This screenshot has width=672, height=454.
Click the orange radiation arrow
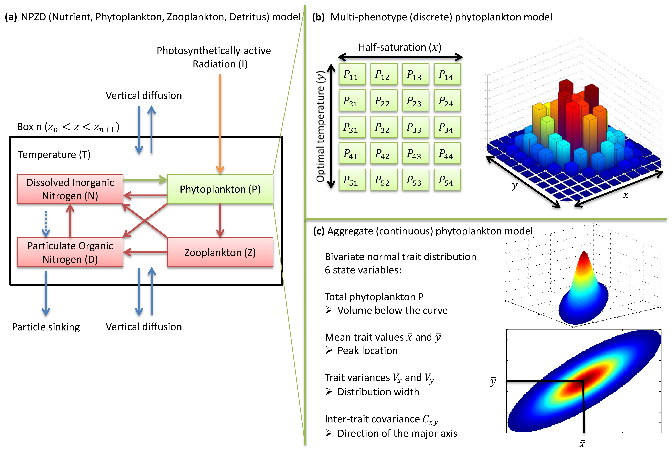220,121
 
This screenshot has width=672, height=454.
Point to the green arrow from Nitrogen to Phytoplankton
145,180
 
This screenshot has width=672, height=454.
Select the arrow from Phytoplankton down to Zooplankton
220,220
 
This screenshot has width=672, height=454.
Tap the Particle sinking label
46,327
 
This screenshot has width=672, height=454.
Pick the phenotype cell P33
415,127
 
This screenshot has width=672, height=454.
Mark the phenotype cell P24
447,101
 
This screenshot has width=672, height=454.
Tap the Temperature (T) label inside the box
54,154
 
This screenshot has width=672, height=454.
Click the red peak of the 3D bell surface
584,256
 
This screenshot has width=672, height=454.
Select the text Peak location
367,350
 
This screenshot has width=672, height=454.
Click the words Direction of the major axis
397,433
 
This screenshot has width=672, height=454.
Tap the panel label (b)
318,17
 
